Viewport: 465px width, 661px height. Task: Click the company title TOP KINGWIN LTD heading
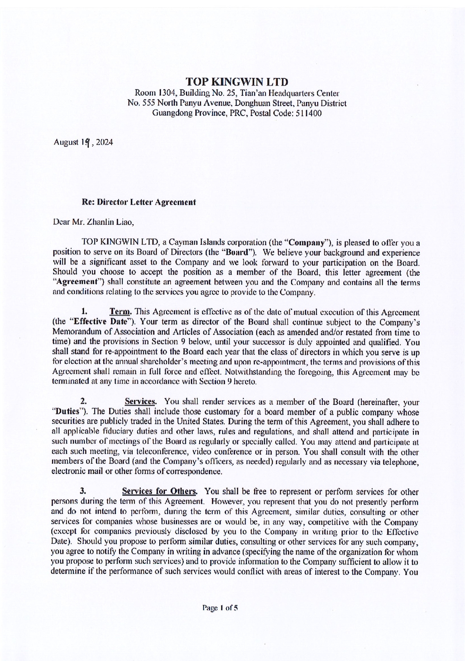[x=237, y=82]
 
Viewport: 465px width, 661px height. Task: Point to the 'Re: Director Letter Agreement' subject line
[x=139, y=202]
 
